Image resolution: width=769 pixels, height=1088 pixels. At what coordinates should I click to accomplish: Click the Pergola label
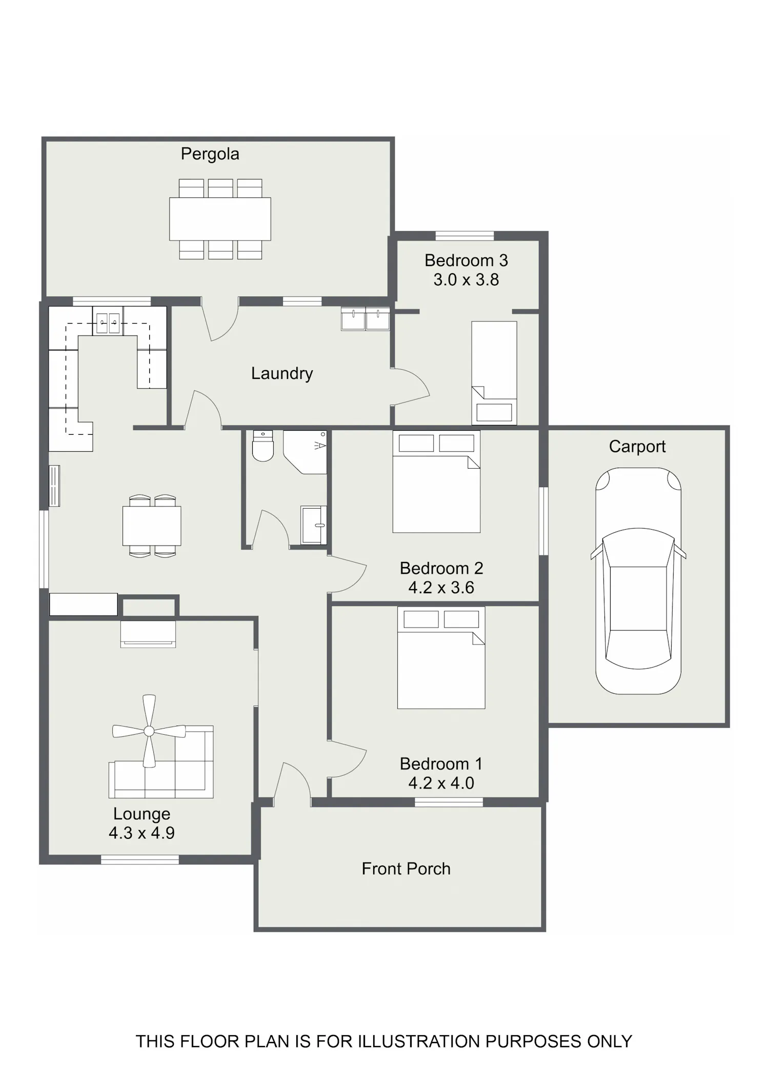tap(210, 154)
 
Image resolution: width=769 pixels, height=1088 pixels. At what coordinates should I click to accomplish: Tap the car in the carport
tap(638, 580)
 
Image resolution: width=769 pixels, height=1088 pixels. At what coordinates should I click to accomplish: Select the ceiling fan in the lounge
tap(149, 731)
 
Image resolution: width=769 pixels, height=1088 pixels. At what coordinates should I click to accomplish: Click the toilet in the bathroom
tap(263, 446)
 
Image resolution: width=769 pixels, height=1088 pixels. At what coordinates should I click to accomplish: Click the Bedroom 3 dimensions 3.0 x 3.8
tap(466, 280)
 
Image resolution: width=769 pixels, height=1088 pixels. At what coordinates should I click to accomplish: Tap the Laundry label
tap(282, 373)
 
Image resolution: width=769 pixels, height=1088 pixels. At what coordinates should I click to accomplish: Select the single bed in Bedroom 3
tap(494, 373)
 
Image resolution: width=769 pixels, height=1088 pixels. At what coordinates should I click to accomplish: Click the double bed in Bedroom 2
tap(437, 481)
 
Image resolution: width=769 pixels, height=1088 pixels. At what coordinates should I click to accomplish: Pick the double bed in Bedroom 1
tap(441, 658)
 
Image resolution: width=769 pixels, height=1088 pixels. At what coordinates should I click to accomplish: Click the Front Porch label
tap(406, 869)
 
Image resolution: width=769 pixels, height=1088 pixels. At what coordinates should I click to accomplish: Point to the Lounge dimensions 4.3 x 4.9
tap(141, 833)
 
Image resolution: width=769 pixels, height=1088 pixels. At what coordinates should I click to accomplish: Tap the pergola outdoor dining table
tap(220, 219)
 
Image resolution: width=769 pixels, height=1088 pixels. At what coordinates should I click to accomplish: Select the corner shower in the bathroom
tap(305, 452)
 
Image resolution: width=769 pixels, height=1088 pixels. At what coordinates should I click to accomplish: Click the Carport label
tap(637, 447)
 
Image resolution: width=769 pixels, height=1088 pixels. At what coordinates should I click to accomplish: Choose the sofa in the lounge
tap(161, 762)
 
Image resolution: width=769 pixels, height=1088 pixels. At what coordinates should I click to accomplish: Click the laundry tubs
tap(366, 318)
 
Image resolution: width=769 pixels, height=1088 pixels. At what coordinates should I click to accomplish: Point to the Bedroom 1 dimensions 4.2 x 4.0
tap(441, 783)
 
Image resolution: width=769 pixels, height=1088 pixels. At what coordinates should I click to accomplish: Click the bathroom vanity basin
tap(314, 525)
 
